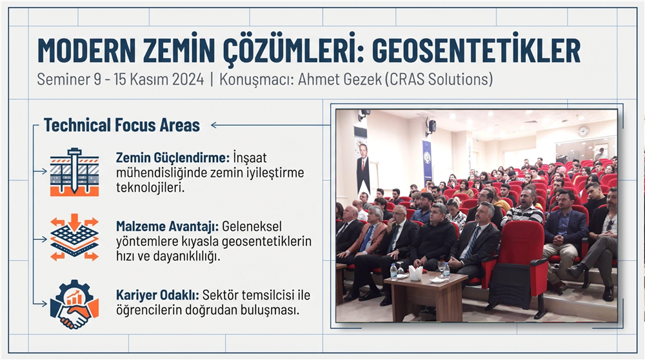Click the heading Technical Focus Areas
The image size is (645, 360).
[122, 125]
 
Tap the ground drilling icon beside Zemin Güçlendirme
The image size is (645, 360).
[74, 172]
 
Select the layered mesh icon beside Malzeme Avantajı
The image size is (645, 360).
[74, 238]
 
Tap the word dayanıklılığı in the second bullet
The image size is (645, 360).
[199, 256]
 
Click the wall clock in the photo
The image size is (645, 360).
[583, 131]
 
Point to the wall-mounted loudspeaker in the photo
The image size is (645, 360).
[431, 125]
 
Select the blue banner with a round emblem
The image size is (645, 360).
[427, 161]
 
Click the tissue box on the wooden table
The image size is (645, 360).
[415, 274]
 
